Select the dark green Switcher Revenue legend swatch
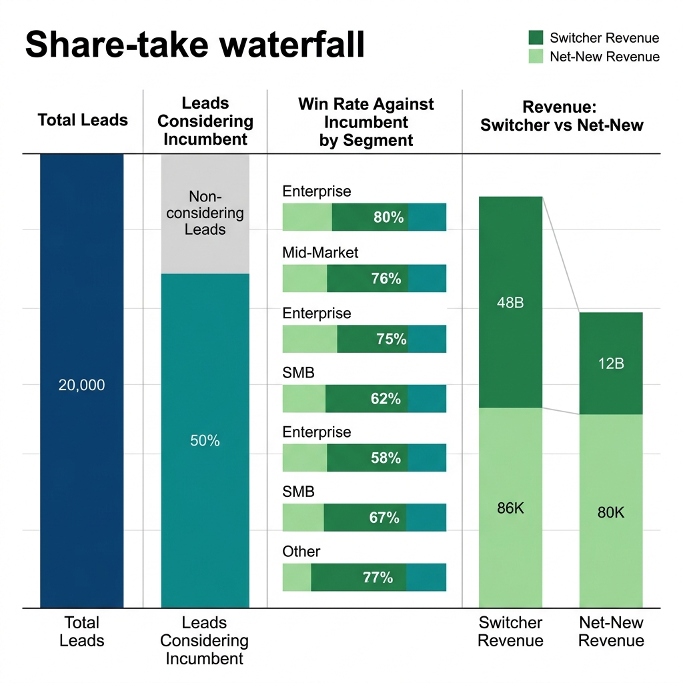tap(536, 38)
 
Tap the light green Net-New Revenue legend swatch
tap(536, 57)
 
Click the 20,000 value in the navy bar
tap(81, 385)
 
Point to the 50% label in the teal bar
tap(205, 441)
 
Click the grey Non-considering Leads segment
tap(205, 213)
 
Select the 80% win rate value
tap(388, 217)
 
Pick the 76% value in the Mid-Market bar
tap(386, 279)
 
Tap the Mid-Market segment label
tap(320, 253)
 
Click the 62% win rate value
tap(386, 399)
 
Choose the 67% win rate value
tap(384, 518)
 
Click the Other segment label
tap(301, 552)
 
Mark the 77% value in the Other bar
tap(378, 578)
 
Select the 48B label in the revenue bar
tap(510, 302)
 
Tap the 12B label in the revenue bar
tap(610, 364)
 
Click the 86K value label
tap(510, 508)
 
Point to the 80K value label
tap(610, 513)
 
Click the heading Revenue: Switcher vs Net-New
tap(562, 116)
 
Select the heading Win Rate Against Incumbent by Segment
tap(366, 122)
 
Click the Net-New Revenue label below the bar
tap(611, 632)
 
